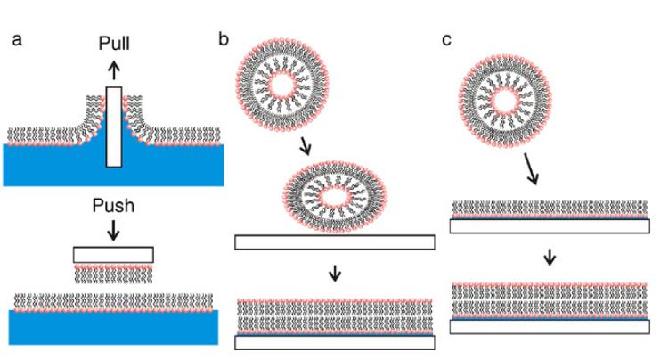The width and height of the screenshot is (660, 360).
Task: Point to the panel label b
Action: click(x=225, y=39)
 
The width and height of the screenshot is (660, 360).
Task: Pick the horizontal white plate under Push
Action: click(x=114, y=255)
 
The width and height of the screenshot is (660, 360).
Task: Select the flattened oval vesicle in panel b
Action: click(x=334, y=194)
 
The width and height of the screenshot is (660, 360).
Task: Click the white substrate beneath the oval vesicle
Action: click(x=334, y=242)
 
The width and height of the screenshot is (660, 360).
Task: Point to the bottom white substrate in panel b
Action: click(x=334, y=343)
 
